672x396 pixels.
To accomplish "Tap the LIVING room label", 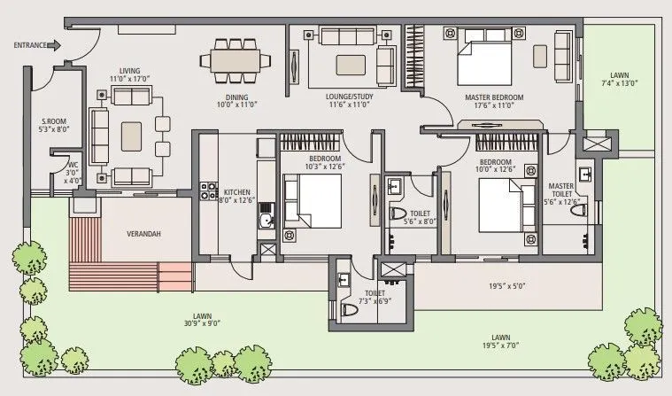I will pyautogui.click(x=130, y=70).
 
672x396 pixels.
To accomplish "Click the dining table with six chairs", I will pyautogui.click(x=236, y=60).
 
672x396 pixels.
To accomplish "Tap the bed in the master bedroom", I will pyautogui.click(x=485, y=56).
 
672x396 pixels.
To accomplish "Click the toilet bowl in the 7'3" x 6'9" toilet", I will pyautogui.click(x=349, y=309).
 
